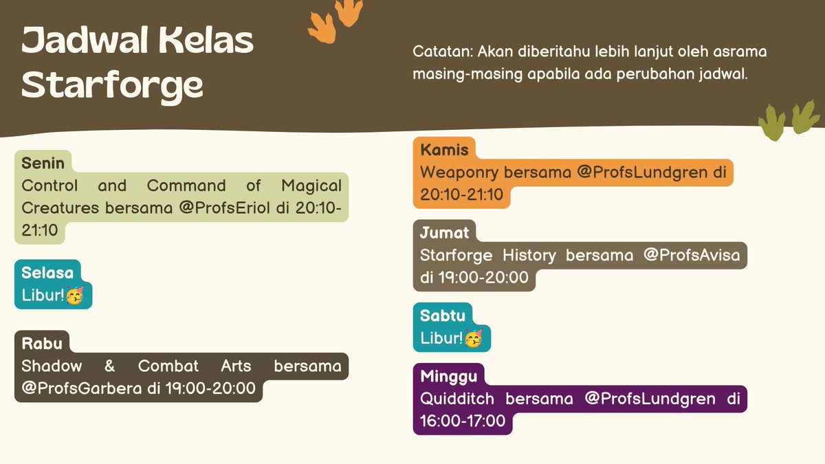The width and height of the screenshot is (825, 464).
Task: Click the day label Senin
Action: (43, 164)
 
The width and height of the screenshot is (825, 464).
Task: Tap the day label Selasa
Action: (47, 273)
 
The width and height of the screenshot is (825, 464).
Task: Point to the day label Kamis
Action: (444, 150)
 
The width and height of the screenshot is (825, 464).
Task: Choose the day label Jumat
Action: (445, 233)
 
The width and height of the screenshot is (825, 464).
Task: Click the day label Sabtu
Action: (443, 316)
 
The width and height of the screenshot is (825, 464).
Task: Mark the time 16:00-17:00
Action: (463, 421)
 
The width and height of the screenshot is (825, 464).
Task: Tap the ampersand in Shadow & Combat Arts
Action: (109, 366)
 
